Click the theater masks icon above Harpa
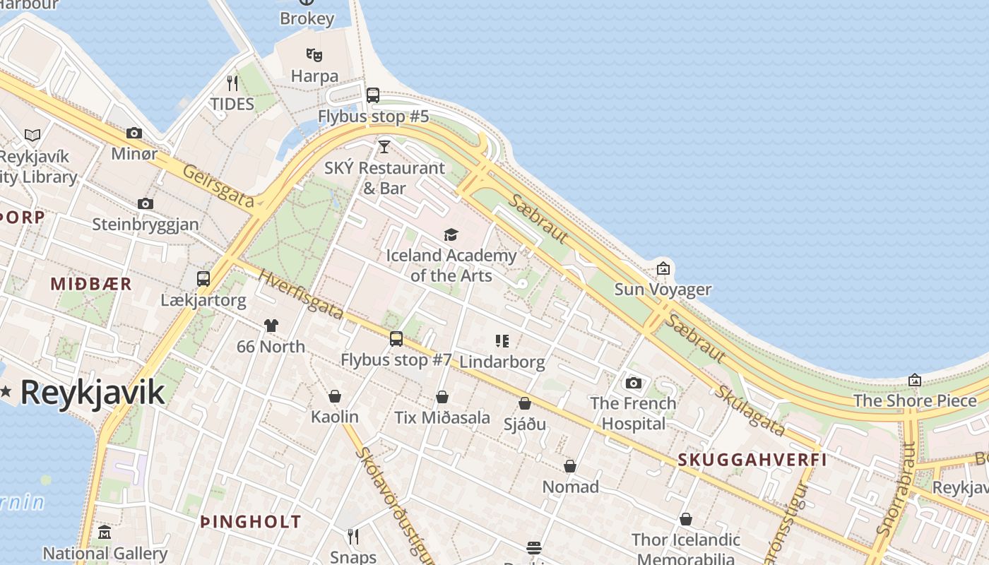click(x=314, y=54)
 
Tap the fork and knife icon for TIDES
click(x=232, y=83)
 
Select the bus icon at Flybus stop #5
click(x=373, y=95)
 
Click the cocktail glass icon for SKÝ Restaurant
click(x=384, y=147)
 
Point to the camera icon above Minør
click(x=134, y=133)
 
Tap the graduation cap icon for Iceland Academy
click(x=451, y=234)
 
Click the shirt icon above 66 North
click(x=271, y=326)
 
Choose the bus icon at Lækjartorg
click(x=203, y=279)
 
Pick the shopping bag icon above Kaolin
click(x=335, y=396)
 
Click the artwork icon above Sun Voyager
click(x=663, y=268)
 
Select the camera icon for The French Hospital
click(x=634, y=383)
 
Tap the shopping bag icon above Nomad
click(x=570, y=466)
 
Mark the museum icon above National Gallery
click(x=105, y=532)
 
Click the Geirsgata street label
click(x=218, y=186)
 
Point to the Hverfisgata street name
click(x=301, y=295)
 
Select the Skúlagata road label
click(x=749, y=411)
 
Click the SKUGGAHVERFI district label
click(x=752, y=460)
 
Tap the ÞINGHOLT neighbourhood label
click(x=251, y=523)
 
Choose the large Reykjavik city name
click(x=93, y=393)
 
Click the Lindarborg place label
click(x=502, y=362)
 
